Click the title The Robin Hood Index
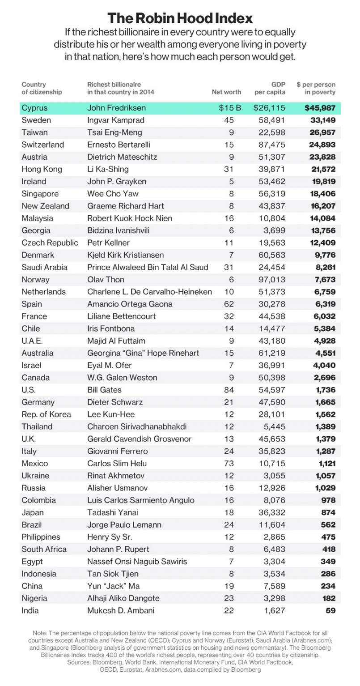[180, 18]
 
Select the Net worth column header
[226, 92]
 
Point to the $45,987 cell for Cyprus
[319, 108]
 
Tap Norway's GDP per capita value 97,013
[272, 279]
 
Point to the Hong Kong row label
[41, 169]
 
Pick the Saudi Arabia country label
[44, 267]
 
